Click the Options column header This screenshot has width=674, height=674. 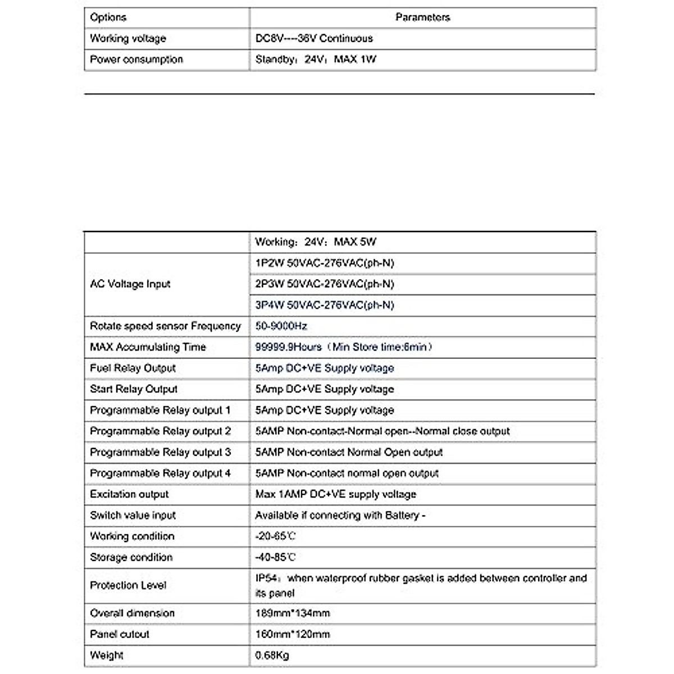click(108, 17)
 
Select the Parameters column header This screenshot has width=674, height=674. click(422, 17)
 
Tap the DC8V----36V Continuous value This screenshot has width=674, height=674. click(314, 38)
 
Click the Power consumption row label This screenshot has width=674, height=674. click(136, 60)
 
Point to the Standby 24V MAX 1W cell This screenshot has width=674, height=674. click(316, 60)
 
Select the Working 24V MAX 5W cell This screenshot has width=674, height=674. click(316, 242)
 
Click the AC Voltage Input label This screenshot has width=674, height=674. click(130, 284)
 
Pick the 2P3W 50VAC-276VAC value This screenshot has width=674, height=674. click(325, 284)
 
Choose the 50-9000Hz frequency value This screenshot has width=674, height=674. click(281, 326)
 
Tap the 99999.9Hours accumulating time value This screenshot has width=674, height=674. click(344, 347)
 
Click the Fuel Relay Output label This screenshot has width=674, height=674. click(133, 368)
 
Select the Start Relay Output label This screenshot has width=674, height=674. click(134, 389)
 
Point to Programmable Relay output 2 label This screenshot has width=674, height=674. click(160, 431)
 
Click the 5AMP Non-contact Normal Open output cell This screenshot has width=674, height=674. click(349, 452)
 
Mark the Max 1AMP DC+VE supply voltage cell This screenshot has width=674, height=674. click(335, 494)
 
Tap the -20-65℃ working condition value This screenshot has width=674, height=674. click(275, 536)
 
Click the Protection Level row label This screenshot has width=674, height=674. click(128, 585)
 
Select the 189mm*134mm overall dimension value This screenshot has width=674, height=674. click(292, 613)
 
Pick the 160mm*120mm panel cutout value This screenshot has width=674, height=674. click(292, 634)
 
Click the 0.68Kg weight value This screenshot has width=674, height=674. click(272, 655)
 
